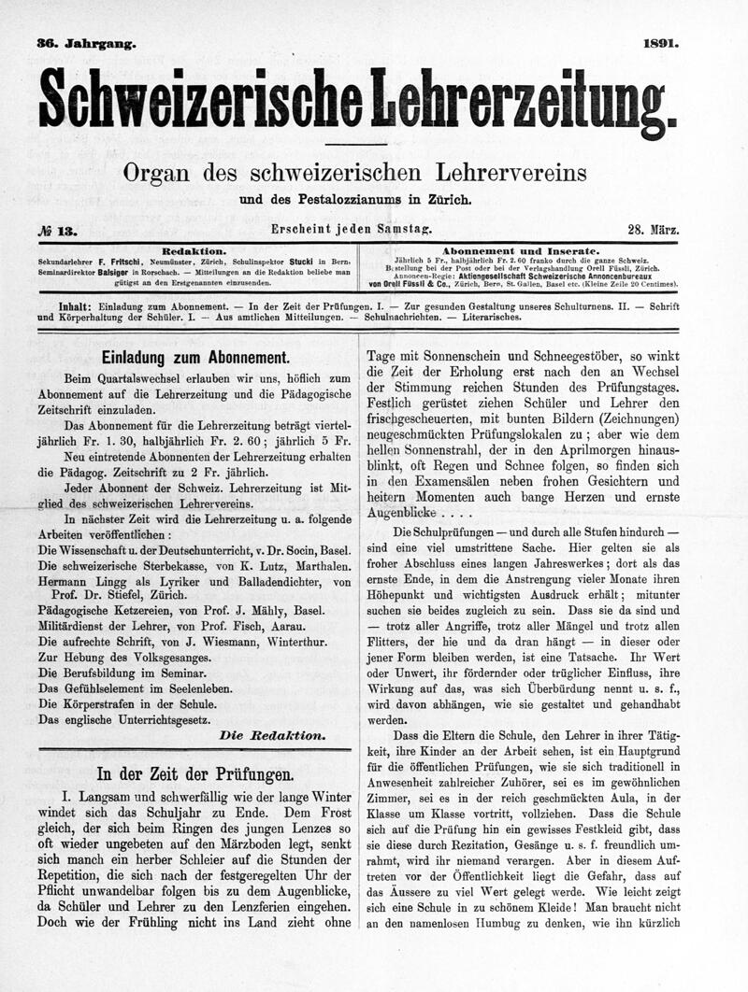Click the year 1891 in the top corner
click(x=661, y=42)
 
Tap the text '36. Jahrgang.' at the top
click(x=86, y=43)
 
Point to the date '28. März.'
click(x=654, y=230)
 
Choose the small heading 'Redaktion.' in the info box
click(x=194, y=251)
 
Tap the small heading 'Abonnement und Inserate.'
click(x=520, y=251)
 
